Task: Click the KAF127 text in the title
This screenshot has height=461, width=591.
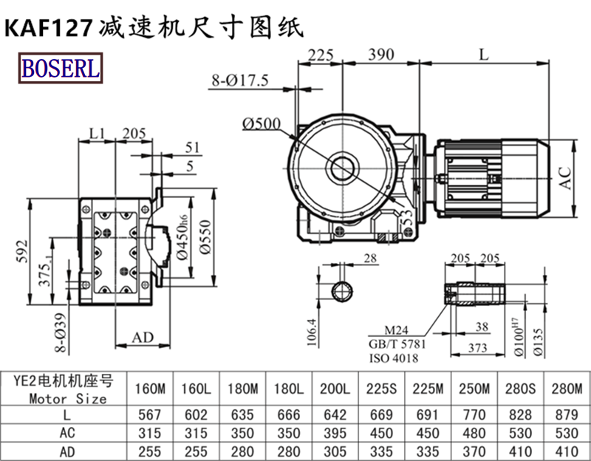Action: [x=49, y=27]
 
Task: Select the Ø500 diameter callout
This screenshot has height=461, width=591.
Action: [x=261, y=123]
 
